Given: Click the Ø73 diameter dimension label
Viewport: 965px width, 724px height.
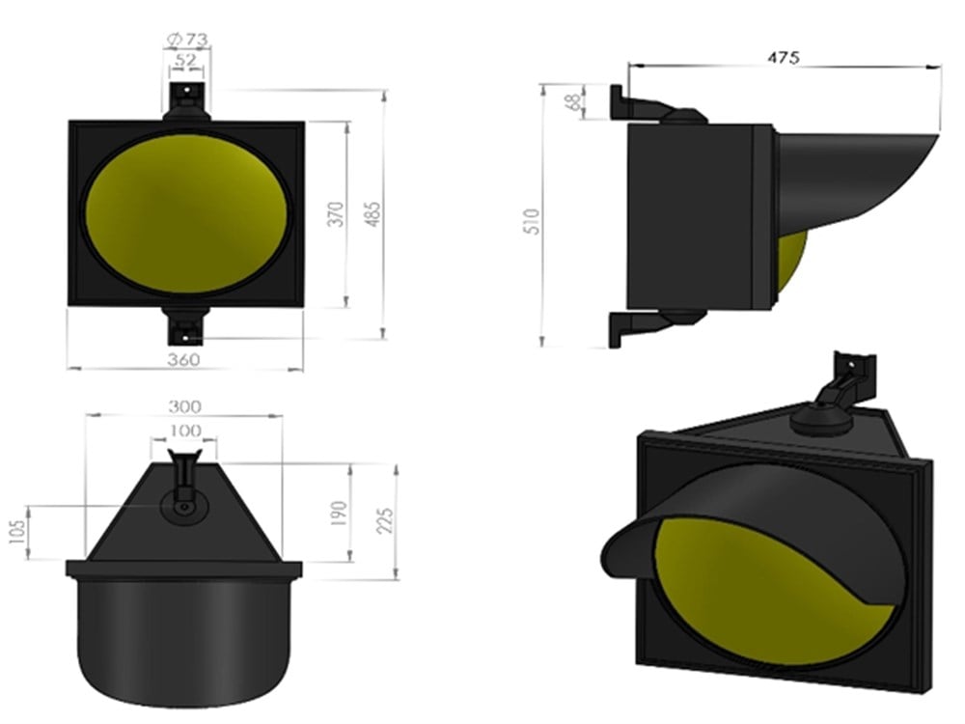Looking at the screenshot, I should click(x=188, y=40).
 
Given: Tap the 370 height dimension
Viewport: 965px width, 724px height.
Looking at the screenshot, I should click(x=336, y=213).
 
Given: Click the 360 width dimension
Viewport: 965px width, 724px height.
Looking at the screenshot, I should click(x=183, y=359).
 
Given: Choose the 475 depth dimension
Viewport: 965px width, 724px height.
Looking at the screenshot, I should click(x=783, y=57).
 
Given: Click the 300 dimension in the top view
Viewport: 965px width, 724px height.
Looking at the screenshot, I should click(x=184, y=405).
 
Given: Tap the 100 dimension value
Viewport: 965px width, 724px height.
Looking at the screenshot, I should click(x=184, y=430).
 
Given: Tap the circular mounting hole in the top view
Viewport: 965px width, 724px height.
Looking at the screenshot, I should click(x=182, y=506).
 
